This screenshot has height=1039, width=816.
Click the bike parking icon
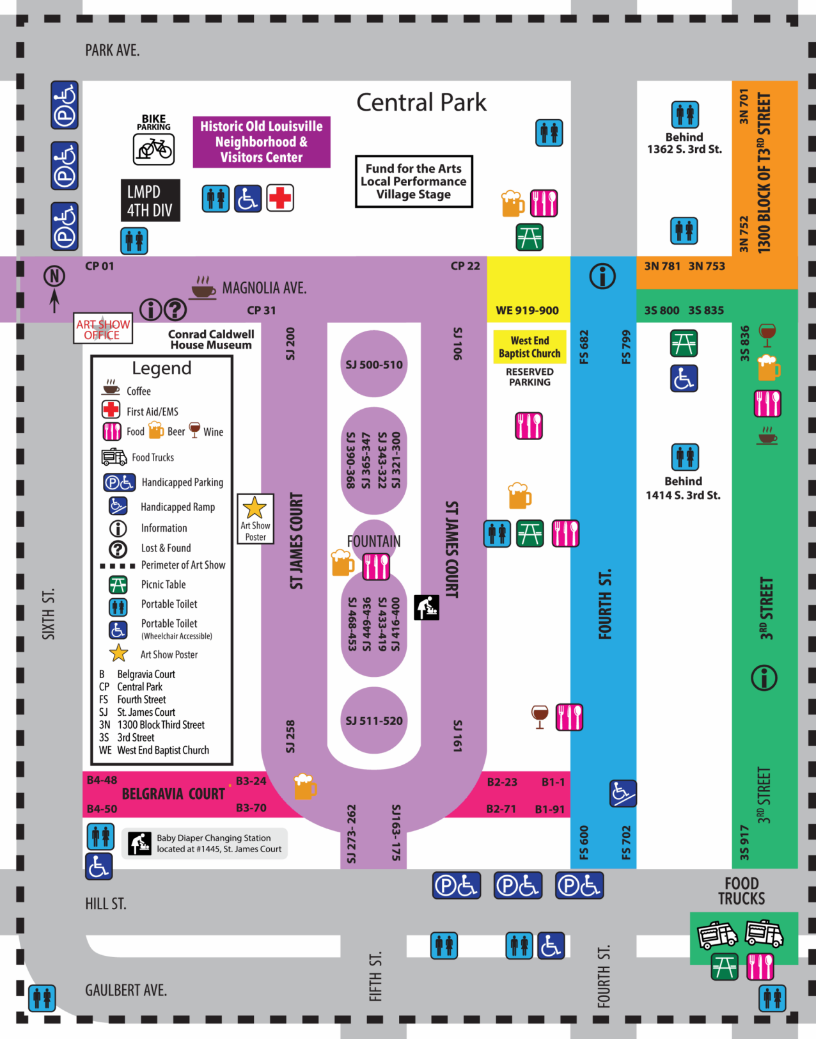153,150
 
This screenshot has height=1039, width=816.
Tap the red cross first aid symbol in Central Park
280,198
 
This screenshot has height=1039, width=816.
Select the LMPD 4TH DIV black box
150,201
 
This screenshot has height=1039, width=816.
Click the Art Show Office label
103,329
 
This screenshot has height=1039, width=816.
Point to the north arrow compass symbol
54,289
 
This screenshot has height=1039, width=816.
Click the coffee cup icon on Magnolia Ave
203,288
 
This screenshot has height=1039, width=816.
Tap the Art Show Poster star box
255,518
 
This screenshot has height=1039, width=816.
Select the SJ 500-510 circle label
374,365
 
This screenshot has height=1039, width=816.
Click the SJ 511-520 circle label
374,721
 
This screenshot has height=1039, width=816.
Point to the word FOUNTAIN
374,541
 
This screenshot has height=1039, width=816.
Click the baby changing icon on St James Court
427,607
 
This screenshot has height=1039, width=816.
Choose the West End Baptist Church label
530,347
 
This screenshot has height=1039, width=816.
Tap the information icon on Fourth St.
602,276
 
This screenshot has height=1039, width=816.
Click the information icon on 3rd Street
764,678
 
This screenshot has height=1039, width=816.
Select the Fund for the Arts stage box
414,182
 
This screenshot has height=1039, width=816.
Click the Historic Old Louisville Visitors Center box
262,142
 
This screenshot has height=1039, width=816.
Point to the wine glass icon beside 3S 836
767,333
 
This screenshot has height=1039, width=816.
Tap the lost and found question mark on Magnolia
175,310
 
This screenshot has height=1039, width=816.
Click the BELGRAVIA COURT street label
173,794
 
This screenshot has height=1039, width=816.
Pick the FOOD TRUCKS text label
742,891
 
